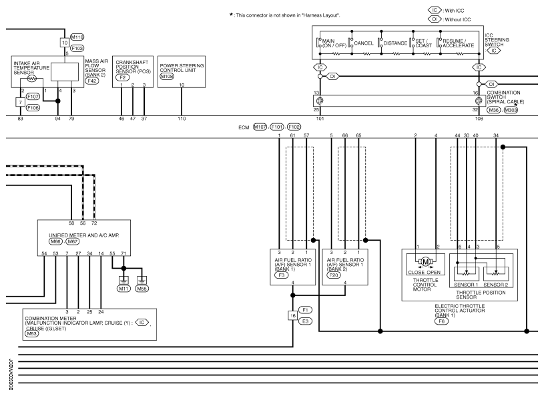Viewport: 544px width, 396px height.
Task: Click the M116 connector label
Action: click(77, 37)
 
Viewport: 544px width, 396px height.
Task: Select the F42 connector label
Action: click(92, 81)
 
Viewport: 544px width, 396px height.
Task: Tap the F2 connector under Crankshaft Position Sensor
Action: click(122, 77)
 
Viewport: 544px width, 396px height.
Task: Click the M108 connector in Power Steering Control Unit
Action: click(167, 76)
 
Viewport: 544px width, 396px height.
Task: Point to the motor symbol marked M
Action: click(425, 261)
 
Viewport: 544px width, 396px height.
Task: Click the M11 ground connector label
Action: click(123, 289)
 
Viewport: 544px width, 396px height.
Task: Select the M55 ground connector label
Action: click(142, 289)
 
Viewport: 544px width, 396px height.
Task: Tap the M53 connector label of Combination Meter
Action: click(31, 334)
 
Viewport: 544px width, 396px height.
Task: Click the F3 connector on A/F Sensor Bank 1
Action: click(282, 275)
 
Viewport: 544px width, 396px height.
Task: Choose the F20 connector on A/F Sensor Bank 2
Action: click(334, 275)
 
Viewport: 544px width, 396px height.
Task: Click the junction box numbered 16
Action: click(293, 315)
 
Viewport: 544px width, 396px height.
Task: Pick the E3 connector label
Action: click(305, 321)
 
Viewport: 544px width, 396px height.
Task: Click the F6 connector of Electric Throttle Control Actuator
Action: click(442, 321)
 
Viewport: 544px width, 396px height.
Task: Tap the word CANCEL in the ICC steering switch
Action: click(364, 43)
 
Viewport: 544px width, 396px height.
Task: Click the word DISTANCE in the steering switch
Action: click(395, 43)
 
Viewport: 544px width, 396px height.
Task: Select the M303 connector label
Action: click(511, 110)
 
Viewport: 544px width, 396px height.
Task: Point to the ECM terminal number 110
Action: click(182, 119)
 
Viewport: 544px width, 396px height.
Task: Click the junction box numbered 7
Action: click(21, 102)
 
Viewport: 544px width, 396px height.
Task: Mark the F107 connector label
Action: click(33, 97)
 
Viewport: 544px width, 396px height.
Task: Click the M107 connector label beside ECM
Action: click(260, 127)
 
